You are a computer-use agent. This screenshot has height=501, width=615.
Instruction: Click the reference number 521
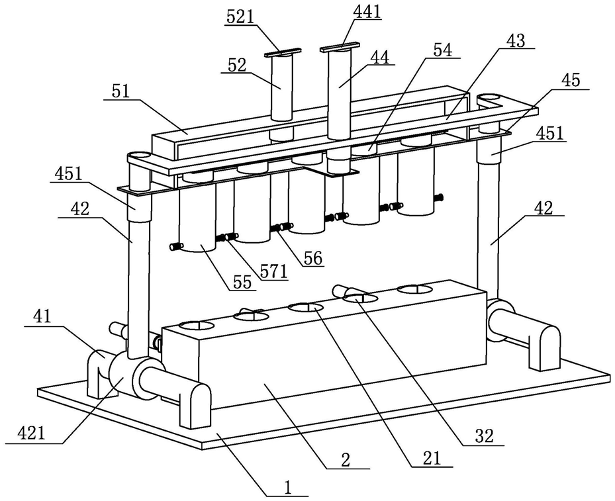(241, 17)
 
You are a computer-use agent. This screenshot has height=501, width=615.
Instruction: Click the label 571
(274, 271)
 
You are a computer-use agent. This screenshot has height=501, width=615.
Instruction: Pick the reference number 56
(312, 259)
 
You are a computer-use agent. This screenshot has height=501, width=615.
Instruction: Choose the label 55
(242, 283)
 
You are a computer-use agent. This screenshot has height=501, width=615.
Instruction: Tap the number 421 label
(31, 434)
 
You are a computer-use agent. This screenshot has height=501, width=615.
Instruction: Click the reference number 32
(484, 436)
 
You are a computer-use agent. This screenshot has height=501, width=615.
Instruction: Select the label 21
(432, 458)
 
